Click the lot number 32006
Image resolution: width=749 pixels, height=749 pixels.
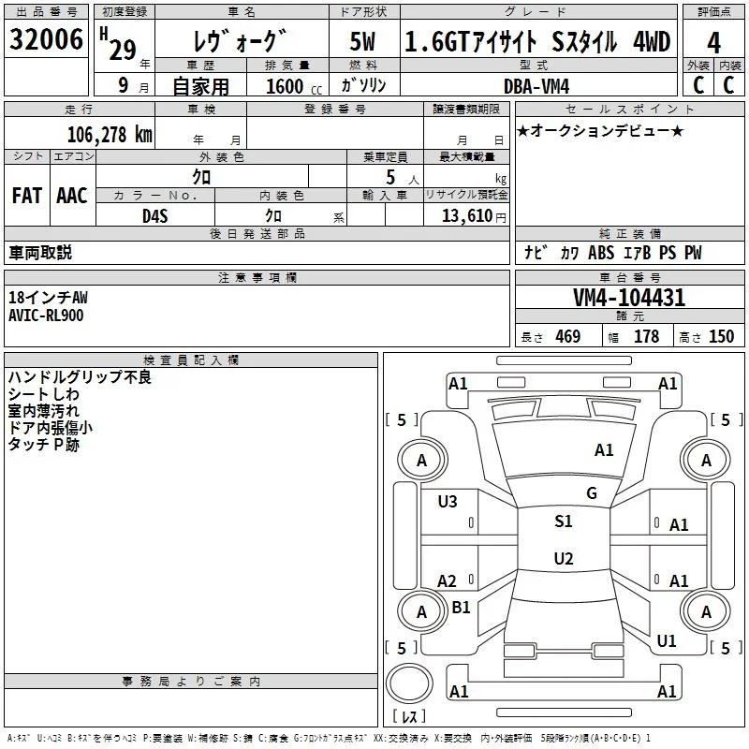point(46,39)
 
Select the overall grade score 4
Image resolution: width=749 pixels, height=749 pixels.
point(713,43)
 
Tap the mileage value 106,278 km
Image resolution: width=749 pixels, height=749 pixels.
point(110,135)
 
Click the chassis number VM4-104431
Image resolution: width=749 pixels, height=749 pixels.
point(629,298)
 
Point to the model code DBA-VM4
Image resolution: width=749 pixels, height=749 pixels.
point(536,86)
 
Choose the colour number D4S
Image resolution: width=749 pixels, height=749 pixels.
point(155,216)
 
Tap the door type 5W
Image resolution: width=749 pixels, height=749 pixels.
point(362,41)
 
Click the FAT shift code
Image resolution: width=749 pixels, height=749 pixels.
point(27,196)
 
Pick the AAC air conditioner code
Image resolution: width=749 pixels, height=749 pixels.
point(72,196)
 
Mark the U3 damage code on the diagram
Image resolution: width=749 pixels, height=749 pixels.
point(448,502)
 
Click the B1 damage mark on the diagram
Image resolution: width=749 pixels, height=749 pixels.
point(461,607)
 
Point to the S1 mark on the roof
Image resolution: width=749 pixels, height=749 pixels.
point(564,521)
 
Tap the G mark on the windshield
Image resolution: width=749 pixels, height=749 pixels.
point(592,493)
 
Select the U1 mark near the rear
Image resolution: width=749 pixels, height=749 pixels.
point(667,641)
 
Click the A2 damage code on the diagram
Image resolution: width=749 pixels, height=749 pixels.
point(448,580)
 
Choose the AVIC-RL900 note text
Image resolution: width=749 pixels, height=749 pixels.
point(46,316)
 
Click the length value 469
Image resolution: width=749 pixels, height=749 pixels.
point(568,336)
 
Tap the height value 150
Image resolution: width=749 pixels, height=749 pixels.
point(721,336)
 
